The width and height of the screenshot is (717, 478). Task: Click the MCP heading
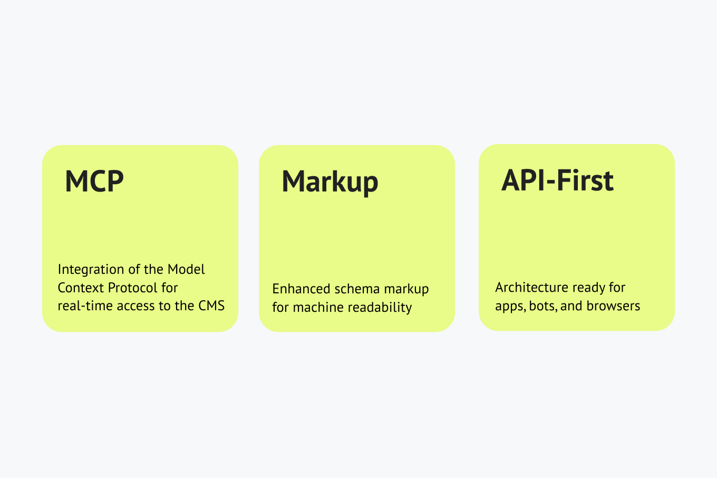94,181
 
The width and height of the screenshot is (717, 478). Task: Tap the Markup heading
330,182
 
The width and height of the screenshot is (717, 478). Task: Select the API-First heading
557,180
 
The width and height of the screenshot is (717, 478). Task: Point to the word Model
186,269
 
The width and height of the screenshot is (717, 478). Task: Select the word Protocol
133,288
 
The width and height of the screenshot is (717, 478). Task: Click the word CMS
211,305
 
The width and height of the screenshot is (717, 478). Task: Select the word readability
380,308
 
